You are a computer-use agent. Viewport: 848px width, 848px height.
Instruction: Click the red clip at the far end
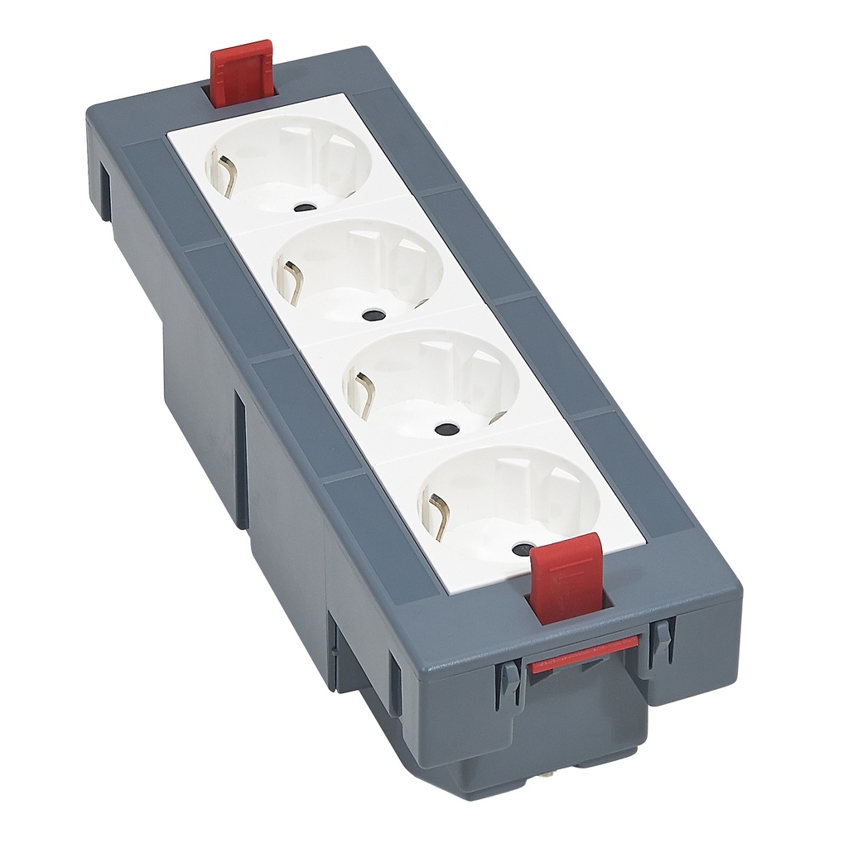239,73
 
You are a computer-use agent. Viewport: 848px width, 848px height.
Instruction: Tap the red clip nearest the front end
566,576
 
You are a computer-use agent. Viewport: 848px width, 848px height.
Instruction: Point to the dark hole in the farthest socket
307,208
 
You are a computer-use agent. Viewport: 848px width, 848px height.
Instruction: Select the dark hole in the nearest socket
522,548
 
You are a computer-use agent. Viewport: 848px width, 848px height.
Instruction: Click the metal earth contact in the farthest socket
223,175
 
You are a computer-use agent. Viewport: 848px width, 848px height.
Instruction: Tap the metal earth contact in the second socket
291,277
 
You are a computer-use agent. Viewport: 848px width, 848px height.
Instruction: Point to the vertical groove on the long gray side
240,460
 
